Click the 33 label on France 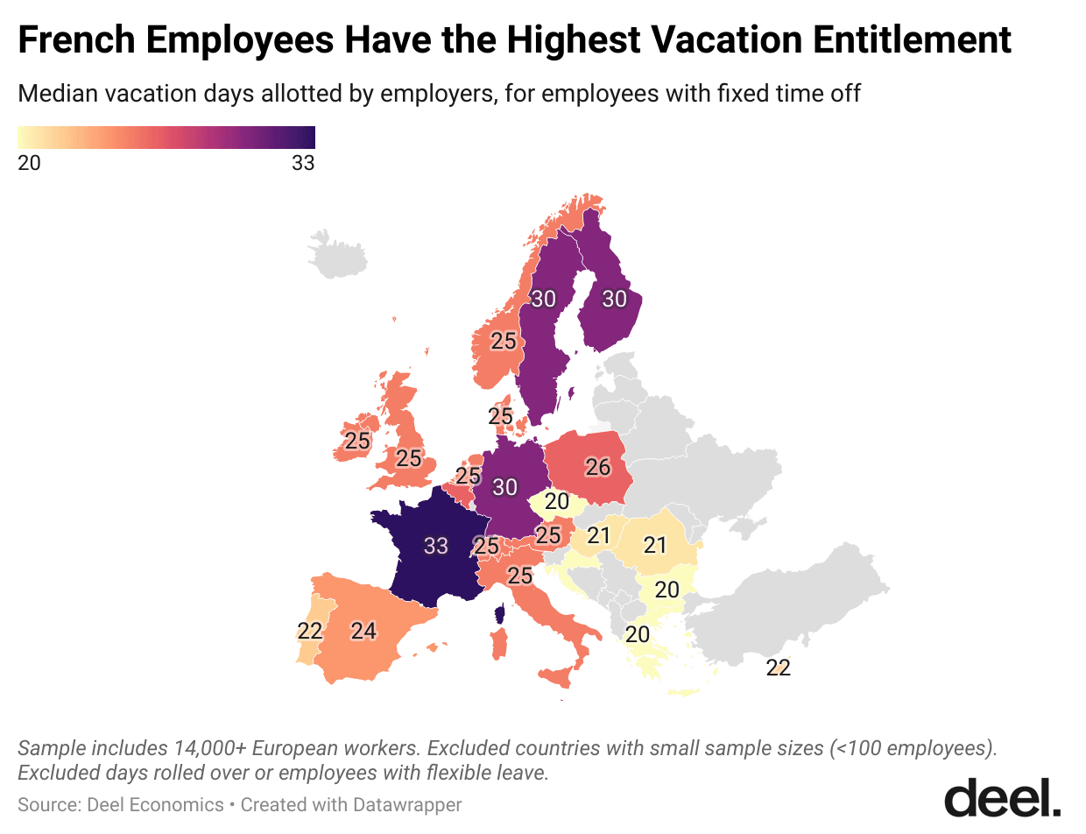435,546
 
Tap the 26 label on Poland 597,468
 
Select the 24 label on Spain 363,630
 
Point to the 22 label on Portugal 310,631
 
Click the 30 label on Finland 614,299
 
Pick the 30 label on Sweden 543,299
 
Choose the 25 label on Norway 503,341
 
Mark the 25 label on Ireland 356,441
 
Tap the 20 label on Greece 637,634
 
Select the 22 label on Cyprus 778,668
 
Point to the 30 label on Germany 504,486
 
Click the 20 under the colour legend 29,163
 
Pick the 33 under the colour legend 303,163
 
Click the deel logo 1002,798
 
